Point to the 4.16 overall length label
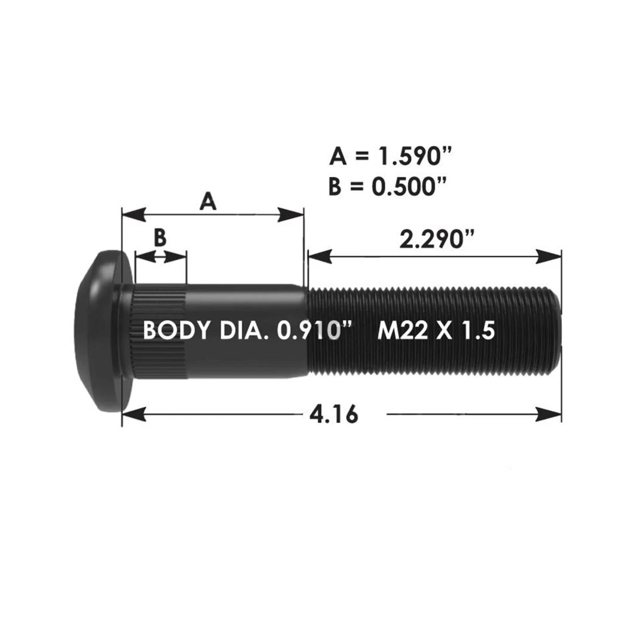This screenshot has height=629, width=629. [334, 415]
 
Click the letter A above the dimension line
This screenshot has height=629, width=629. [208, 201]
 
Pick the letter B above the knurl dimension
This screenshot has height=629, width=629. [160, 237]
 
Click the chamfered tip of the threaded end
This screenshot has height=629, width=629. [556, 332]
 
